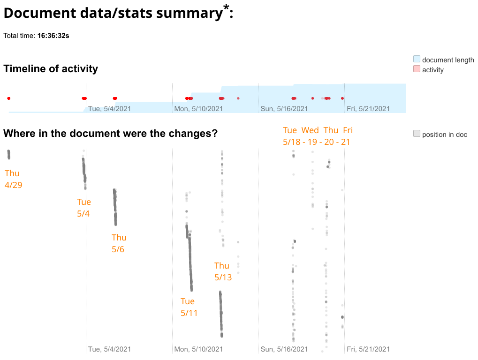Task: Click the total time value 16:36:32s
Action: tap(53, 36)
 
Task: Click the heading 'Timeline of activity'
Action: tap(51, 69)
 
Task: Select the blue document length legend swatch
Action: tap(417, 60)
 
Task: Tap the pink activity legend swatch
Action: tap(417, 69)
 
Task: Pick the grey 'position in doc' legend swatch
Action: tap(417, 134)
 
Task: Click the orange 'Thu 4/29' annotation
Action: tap(13, 179)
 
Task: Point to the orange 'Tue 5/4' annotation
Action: tap(84, 208)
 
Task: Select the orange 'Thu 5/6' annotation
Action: tap(119, 243)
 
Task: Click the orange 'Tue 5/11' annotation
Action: tap(189, 307)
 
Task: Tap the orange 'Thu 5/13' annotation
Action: tap(223, 271)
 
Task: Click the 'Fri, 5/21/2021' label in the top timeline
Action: tap(368, 109)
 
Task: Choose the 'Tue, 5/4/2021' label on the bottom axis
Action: tap(109, 349)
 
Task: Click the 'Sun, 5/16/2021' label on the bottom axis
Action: tap(284, 349)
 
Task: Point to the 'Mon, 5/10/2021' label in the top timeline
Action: tap(198, 109)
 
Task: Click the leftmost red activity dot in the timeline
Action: tap(8, 98)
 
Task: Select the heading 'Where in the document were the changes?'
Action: tap(110, 134)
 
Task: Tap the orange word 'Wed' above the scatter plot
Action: tap(310, 130)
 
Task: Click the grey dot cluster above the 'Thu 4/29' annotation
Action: tap(8, 154)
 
